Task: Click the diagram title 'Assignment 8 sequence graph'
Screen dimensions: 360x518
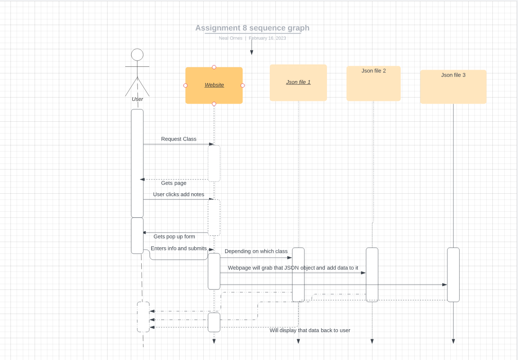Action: coord(252,28)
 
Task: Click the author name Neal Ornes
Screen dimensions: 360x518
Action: coord(231,38)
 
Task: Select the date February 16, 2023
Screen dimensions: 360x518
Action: coord(267,38)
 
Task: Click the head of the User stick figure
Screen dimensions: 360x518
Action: coord(137,54)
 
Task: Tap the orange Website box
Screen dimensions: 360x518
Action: coord(214,86)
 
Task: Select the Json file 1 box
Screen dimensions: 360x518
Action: coord(298,83)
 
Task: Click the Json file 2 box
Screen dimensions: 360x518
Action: coord(373,84)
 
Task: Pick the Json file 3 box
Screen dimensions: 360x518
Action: coord(453,87)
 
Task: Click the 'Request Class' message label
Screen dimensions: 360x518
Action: coord(179,139)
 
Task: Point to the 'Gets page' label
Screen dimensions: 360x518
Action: coord(173,183)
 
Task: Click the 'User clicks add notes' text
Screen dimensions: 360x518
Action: coord(179,194)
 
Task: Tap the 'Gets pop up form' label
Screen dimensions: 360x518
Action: coord(174,236)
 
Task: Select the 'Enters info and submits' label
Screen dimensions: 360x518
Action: coord(179,248)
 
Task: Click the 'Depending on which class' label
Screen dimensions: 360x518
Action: coord(256,251)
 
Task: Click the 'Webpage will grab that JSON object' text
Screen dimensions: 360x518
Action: coord(293,268)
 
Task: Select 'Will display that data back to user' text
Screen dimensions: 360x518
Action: coord(310,330)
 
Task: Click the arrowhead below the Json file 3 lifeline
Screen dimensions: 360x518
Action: coord(453,341)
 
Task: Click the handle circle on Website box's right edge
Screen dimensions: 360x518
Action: coord(243,85)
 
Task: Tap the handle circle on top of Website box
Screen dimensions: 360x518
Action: coord(214,67)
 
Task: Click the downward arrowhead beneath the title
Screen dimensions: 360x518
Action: coord(252,52)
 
